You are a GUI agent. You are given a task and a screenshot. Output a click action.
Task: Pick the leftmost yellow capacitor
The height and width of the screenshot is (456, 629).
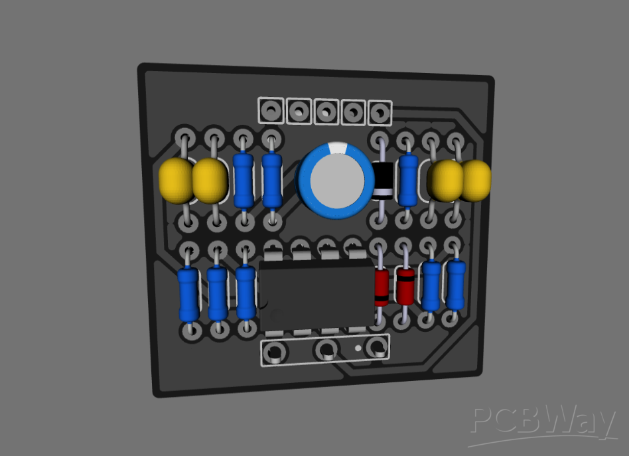(x=176, y=181)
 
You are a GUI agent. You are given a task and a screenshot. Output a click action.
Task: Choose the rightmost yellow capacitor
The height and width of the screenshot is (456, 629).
(x=475, y=181)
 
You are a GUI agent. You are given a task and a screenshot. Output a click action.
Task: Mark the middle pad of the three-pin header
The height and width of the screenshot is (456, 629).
(x=326, y=349)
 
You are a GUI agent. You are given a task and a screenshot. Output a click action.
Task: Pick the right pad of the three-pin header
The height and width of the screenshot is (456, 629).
(x=377, y=346)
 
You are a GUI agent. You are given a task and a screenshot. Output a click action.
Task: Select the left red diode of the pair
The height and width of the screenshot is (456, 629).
(x=381, y=287)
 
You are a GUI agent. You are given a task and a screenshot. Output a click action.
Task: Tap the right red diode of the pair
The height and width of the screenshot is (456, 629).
(x=405, y=285)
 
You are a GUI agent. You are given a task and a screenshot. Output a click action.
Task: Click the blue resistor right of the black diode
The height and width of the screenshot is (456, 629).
(x=408, y=181)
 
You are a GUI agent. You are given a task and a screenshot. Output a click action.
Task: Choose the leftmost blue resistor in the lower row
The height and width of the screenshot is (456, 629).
(x=188, y=293)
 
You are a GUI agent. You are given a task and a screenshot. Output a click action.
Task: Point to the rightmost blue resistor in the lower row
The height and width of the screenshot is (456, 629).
(x=455, y=285)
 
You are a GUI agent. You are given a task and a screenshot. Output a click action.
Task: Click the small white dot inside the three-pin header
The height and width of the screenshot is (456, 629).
(x=358, y=348)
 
